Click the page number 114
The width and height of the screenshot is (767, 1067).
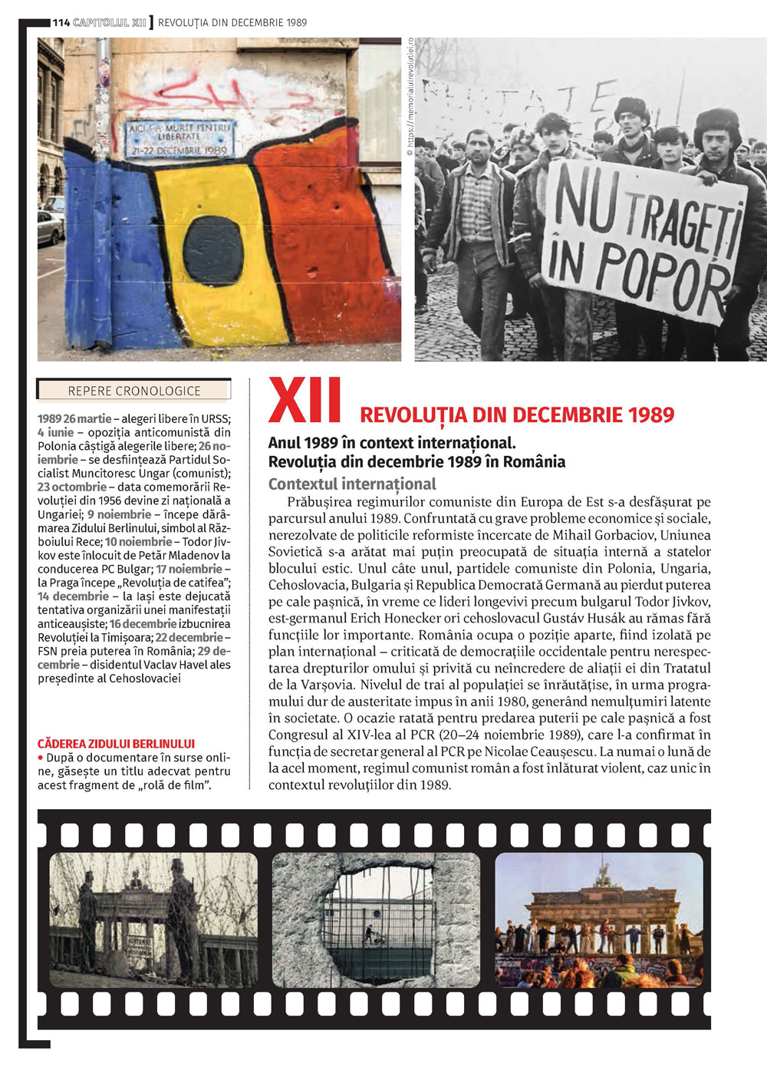[61, 22]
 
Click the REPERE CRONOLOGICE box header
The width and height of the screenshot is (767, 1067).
[134, 391]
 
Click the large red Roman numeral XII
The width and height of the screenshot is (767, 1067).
[304, 401]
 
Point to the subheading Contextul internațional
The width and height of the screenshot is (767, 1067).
[352, 484]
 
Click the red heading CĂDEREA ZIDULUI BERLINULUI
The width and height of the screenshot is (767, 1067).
[116, 744]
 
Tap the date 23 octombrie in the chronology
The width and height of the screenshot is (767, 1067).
[72, 487]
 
